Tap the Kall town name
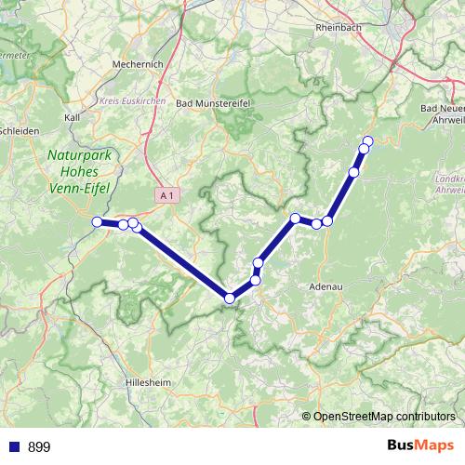(x=72, y=118)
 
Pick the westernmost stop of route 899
(x=97, y=221)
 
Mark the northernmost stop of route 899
(x=367, y=141)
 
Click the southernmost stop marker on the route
(x=230, y=298)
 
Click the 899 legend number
(x=39, y=446)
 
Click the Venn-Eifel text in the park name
(x=79, y=185)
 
